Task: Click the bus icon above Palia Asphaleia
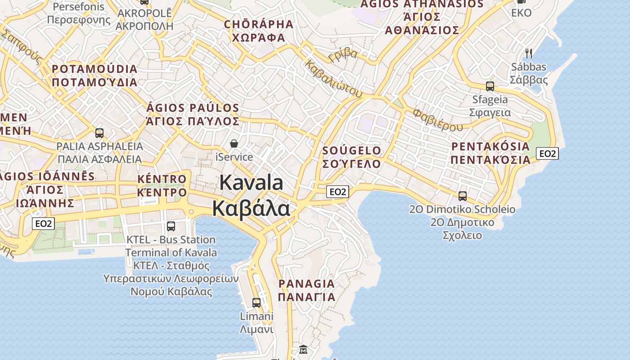pyautogui.click(x=99, y=133)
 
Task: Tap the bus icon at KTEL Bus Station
pyautogui.click(x=171, y=226)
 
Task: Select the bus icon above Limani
pyautogui.click(x=256, y=303)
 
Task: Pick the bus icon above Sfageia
pyautogui.click(x=490, y=86)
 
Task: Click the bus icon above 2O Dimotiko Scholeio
pyautogui.click(x=463, y=196)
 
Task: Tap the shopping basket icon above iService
pyautogui.click(x=234, y=144)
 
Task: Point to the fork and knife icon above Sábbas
pyautogui.click(x=529, y=54)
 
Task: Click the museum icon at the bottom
pyautogui.click(x=303, y=349)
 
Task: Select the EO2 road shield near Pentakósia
pyautogui.click(x=547, y=154)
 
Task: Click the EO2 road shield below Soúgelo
pyautogui.click(x=337, y=192)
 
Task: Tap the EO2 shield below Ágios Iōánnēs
pyautogui.click(x=44, y=224)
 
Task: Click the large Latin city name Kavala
pyautogui.click(x=252, y=183)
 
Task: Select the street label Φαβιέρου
pyautogui.click(x=437, y=119)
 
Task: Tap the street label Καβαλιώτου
pyautogui.click(x=333, y=79)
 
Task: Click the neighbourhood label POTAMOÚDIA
pyautogui.click(x=94, y=69)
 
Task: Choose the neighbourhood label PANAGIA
pyautogui.click(x=306, y=284)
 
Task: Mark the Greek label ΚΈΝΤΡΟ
pyautogui.click(x=162, y=193)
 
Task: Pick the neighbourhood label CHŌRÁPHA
pyautogui.click(x=258, y=24)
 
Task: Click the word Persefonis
pyautogui.click(x=78, y=7)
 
